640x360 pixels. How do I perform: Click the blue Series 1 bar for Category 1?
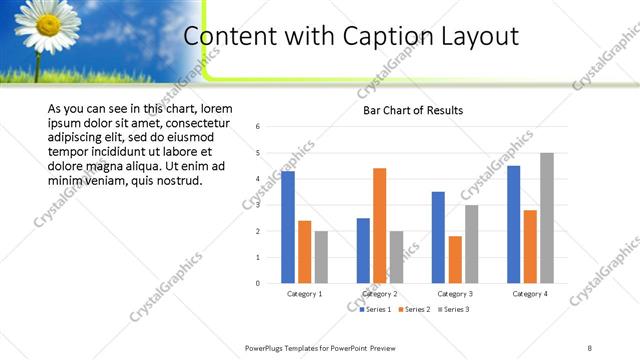point(288,227)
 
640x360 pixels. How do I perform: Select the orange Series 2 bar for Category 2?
point(379,225)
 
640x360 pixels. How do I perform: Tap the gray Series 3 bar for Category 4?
point(546,218)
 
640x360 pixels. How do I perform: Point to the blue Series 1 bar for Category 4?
point(513,224)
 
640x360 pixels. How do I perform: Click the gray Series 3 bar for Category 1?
point(321,257)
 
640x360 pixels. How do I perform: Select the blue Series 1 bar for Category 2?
point(363,250)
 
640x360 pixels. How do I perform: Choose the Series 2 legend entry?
point(415,310)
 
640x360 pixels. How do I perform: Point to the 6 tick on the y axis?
point(258,127)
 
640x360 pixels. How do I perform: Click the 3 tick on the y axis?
point(258,205)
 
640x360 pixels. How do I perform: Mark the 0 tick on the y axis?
point(258,283)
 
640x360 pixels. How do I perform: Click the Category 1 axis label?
point(304,294)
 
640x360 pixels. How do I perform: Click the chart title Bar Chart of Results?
point(413,110)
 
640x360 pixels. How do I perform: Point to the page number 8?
point(589,347)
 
